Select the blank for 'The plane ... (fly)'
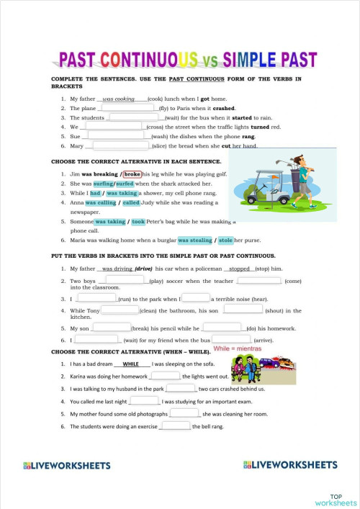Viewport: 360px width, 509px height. tap(128, 107)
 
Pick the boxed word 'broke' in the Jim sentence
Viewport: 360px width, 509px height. tap(132, 174)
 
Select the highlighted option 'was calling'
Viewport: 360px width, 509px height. tap(102, 203)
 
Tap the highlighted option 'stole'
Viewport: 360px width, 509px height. tap(225, 240)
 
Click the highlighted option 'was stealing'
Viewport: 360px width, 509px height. tap(194, 240)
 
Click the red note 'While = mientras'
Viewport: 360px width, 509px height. tap(238, 348)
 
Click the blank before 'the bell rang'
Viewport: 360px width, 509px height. tap(176, 425)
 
